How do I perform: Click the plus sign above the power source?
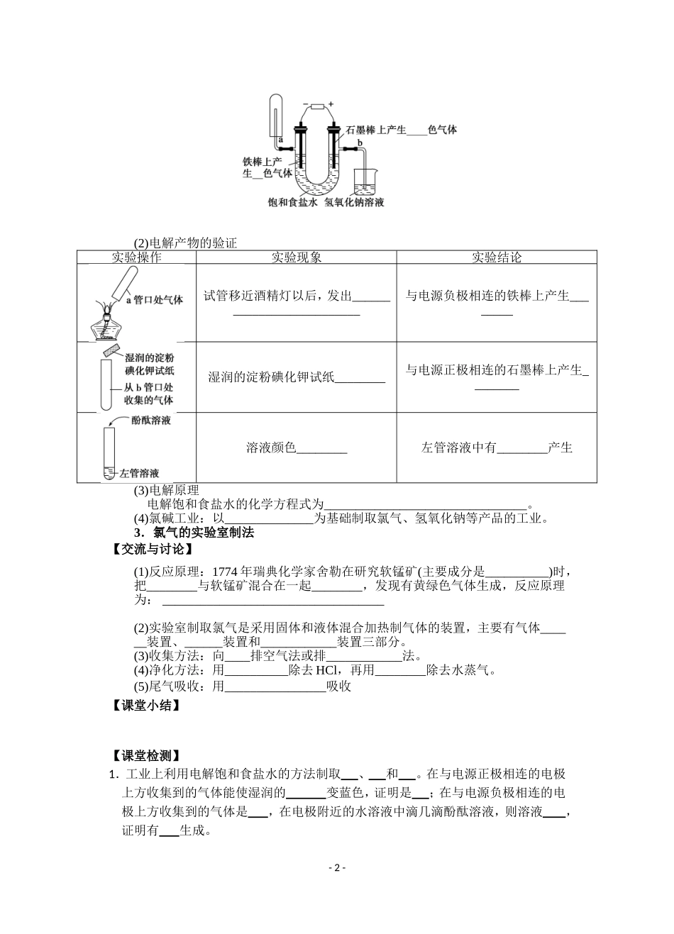coord(331,104)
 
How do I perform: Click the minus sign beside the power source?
coord(305,105)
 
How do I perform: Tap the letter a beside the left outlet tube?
coord(281,140)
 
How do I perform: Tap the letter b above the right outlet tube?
coord(359,143)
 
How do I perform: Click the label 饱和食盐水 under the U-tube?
coord(292,202)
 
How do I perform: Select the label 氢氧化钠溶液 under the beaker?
coord(355,202)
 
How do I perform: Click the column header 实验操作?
coord(136,257)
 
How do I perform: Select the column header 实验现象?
coord(296,257)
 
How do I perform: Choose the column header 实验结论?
coord(496,257)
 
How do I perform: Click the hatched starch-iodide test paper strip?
coord(113,350)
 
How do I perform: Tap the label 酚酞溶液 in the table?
coord(151,420)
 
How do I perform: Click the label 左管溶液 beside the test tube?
coord(139,473)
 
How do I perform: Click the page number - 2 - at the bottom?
coord(337,867)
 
